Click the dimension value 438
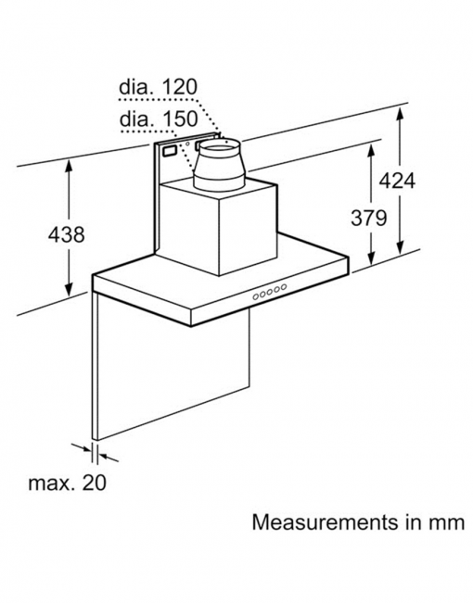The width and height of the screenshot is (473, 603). coord(66,234)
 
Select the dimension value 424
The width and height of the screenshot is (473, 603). coord(397,181)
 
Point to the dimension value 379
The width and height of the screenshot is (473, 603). coord(368,218)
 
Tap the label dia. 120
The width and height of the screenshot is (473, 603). coord(158,87)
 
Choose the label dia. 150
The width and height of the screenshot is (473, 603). coord(159,119)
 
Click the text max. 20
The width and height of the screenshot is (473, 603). coord(68,483)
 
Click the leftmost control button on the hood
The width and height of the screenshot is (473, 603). coord(255,296)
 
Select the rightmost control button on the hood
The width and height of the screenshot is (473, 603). coord(284,287)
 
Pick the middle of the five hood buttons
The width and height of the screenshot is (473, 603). coord(270,292)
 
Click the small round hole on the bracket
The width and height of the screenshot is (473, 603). coord(187,144)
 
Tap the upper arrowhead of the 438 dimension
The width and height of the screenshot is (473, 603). coord(69,166)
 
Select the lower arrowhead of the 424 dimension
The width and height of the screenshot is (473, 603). coord(401,247)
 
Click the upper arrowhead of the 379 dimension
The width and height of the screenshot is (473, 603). coord(371,151)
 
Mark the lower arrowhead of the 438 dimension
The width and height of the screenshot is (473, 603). coord(69,290)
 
